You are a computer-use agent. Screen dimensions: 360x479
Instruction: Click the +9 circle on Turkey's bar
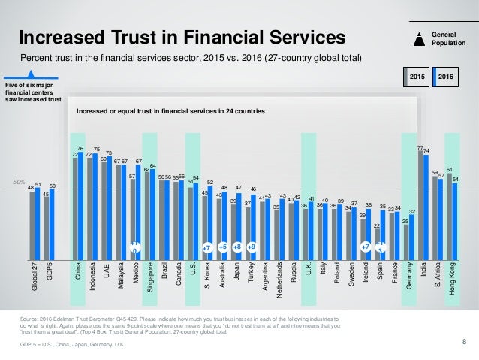point(252,246)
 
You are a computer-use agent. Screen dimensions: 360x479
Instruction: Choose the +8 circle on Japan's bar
point(237,246)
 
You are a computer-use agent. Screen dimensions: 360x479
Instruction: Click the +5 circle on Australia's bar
point(222,246)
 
